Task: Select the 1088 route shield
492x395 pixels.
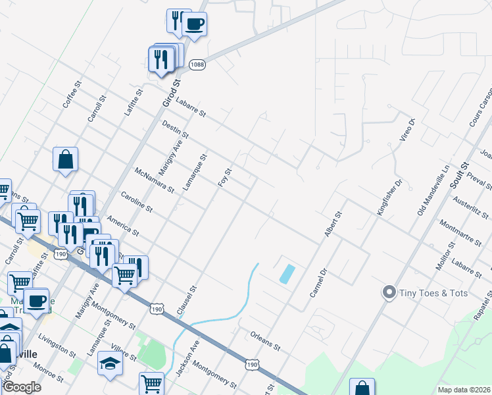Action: pyautogui.click(x=197, y=65)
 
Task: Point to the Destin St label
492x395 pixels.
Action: pyautogui.click(x=176, y=130)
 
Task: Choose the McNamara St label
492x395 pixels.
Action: pyautogui.click(x=153, y=180)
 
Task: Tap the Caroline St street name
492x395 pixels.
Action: pyautogui.click(x=136, y=201)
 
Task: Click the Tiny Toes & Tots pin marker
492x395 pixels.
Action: pyautogui.click(x=389, y=292)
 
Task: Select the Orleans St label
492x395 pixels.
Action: pyautogui.click(x=266, y=339)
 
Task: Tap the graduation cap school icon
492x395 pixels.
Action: pyautogui.click(x=111, y=363)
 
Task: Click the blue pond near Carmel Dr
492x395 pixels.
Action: pyautogui.click(x=287, y=273)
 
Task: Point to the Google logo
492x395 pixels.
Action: pyautogui.click(x=21, y=387)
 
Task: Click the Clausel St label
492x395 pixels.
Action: pyautogui.click(x=185, y=300)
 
